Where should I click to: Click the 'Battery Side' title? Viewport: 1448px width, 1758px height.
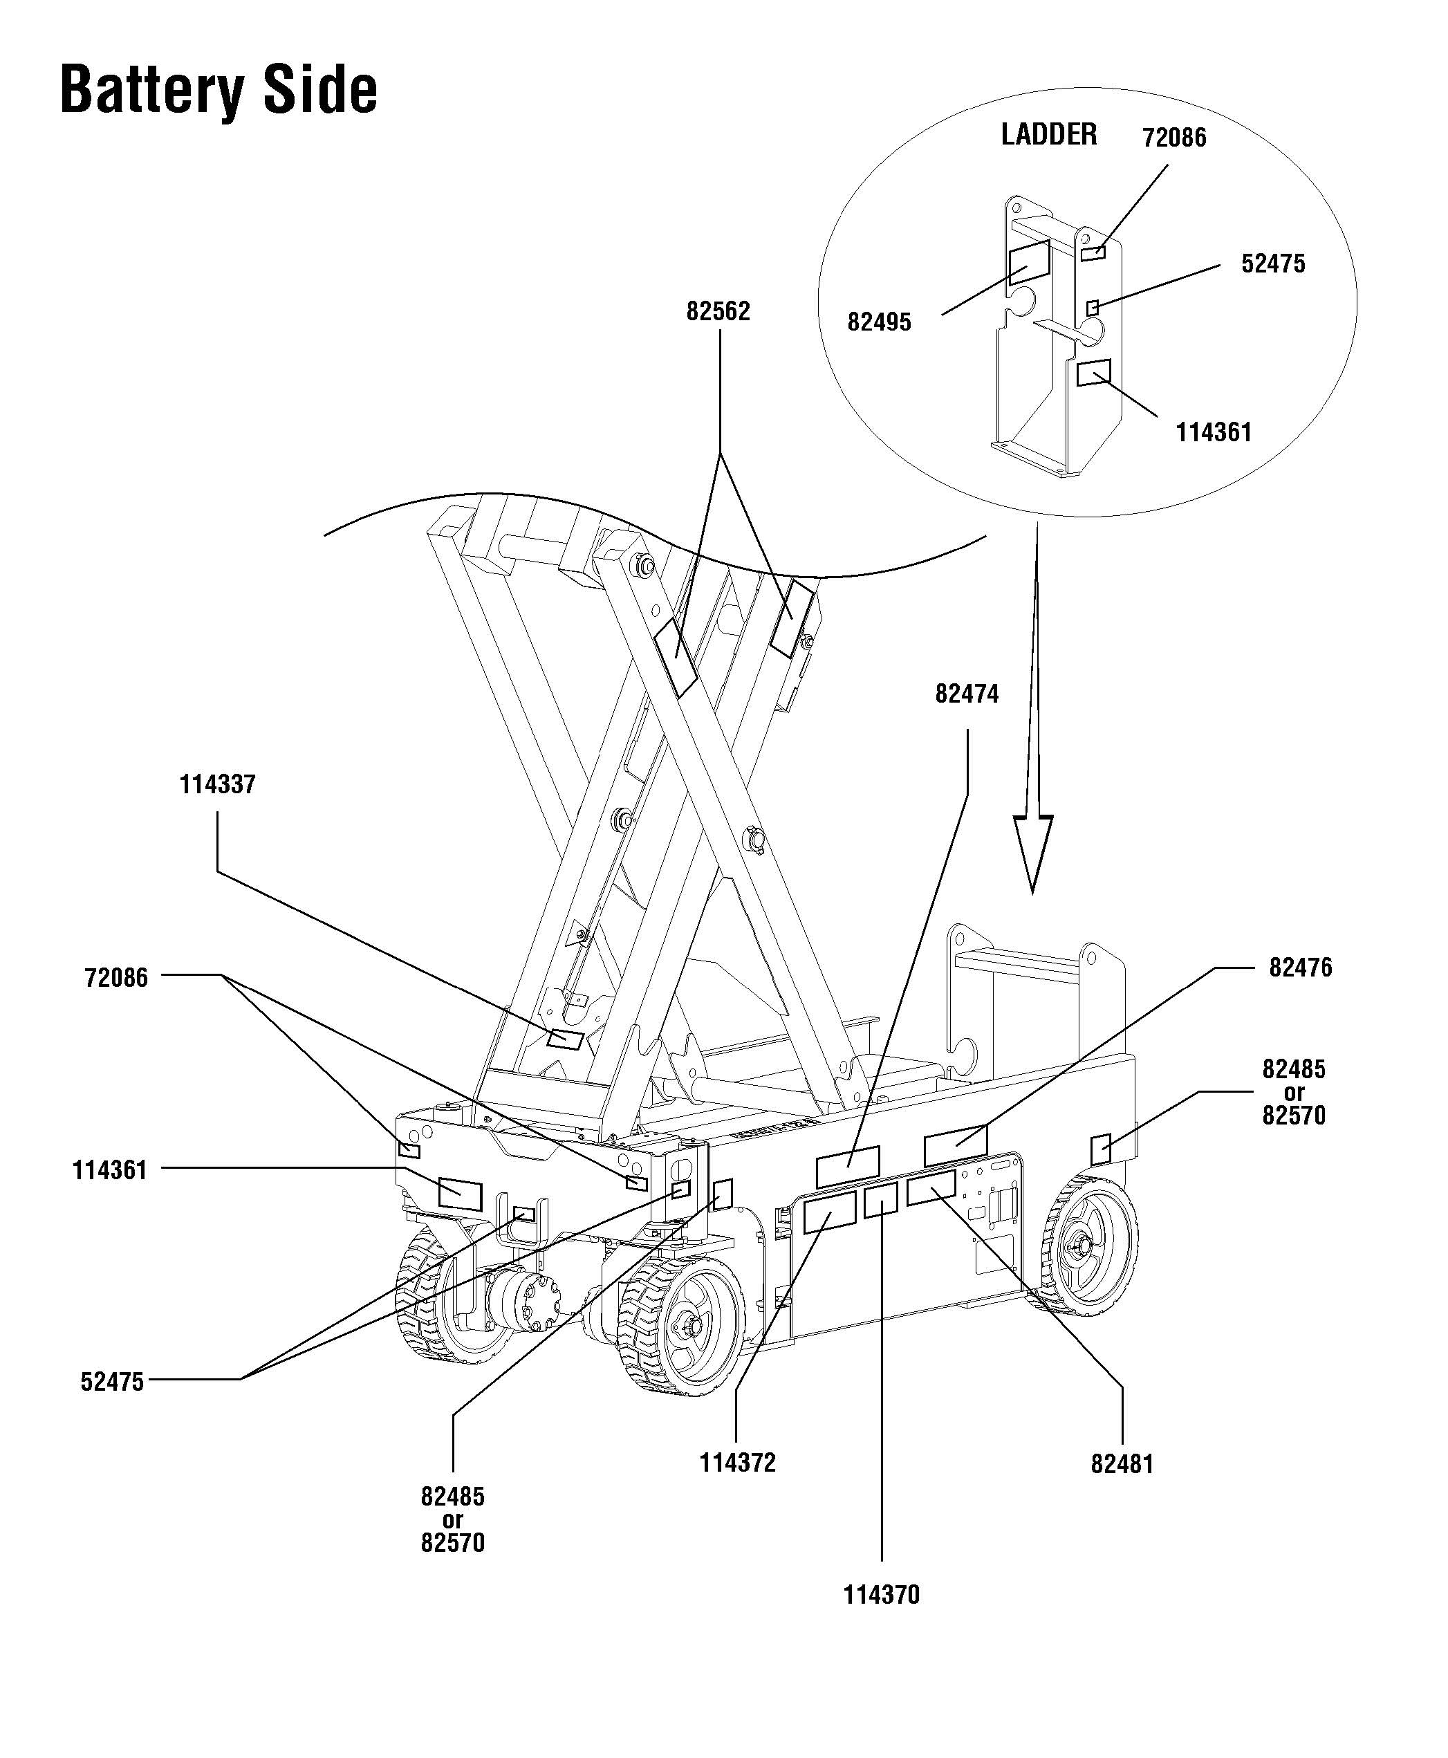click(219, 90)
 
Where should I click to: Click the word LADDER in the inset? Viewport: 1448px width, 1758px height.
click(1048, 134)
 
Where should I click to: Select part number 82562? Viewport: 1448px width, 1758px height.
click(718, 311)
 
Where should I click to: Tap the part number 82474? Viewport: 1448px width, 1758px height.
click(967, 694)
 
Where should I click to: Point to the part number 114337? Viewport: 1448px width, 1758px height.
click(218, 785)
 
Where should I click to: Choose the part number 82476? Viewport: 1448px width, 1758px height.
click(1300, 968)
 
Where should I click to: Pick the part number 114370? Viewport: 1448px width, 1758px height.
click(881, 1595)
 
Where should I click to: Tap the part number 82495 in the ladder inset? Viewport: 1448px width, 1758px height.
click(879, 322)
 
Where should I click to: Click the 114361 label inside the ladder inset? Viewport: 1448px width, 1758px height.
click(1214, 432)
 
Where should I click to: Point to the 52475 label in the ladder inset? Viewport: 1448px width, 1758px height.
click(1273, 263)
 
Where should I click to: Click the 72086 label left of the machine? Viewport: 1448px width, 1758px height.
click(116, 977)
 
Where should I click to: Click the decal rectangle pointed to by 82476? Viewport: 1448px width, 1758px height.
click(955, 1145)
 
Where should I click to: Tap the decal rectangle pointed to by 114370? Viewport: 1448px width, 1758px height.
click(880, 1200)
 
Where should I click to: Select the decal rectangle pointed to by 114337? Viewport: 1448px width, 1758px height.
click(565, 1039)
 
